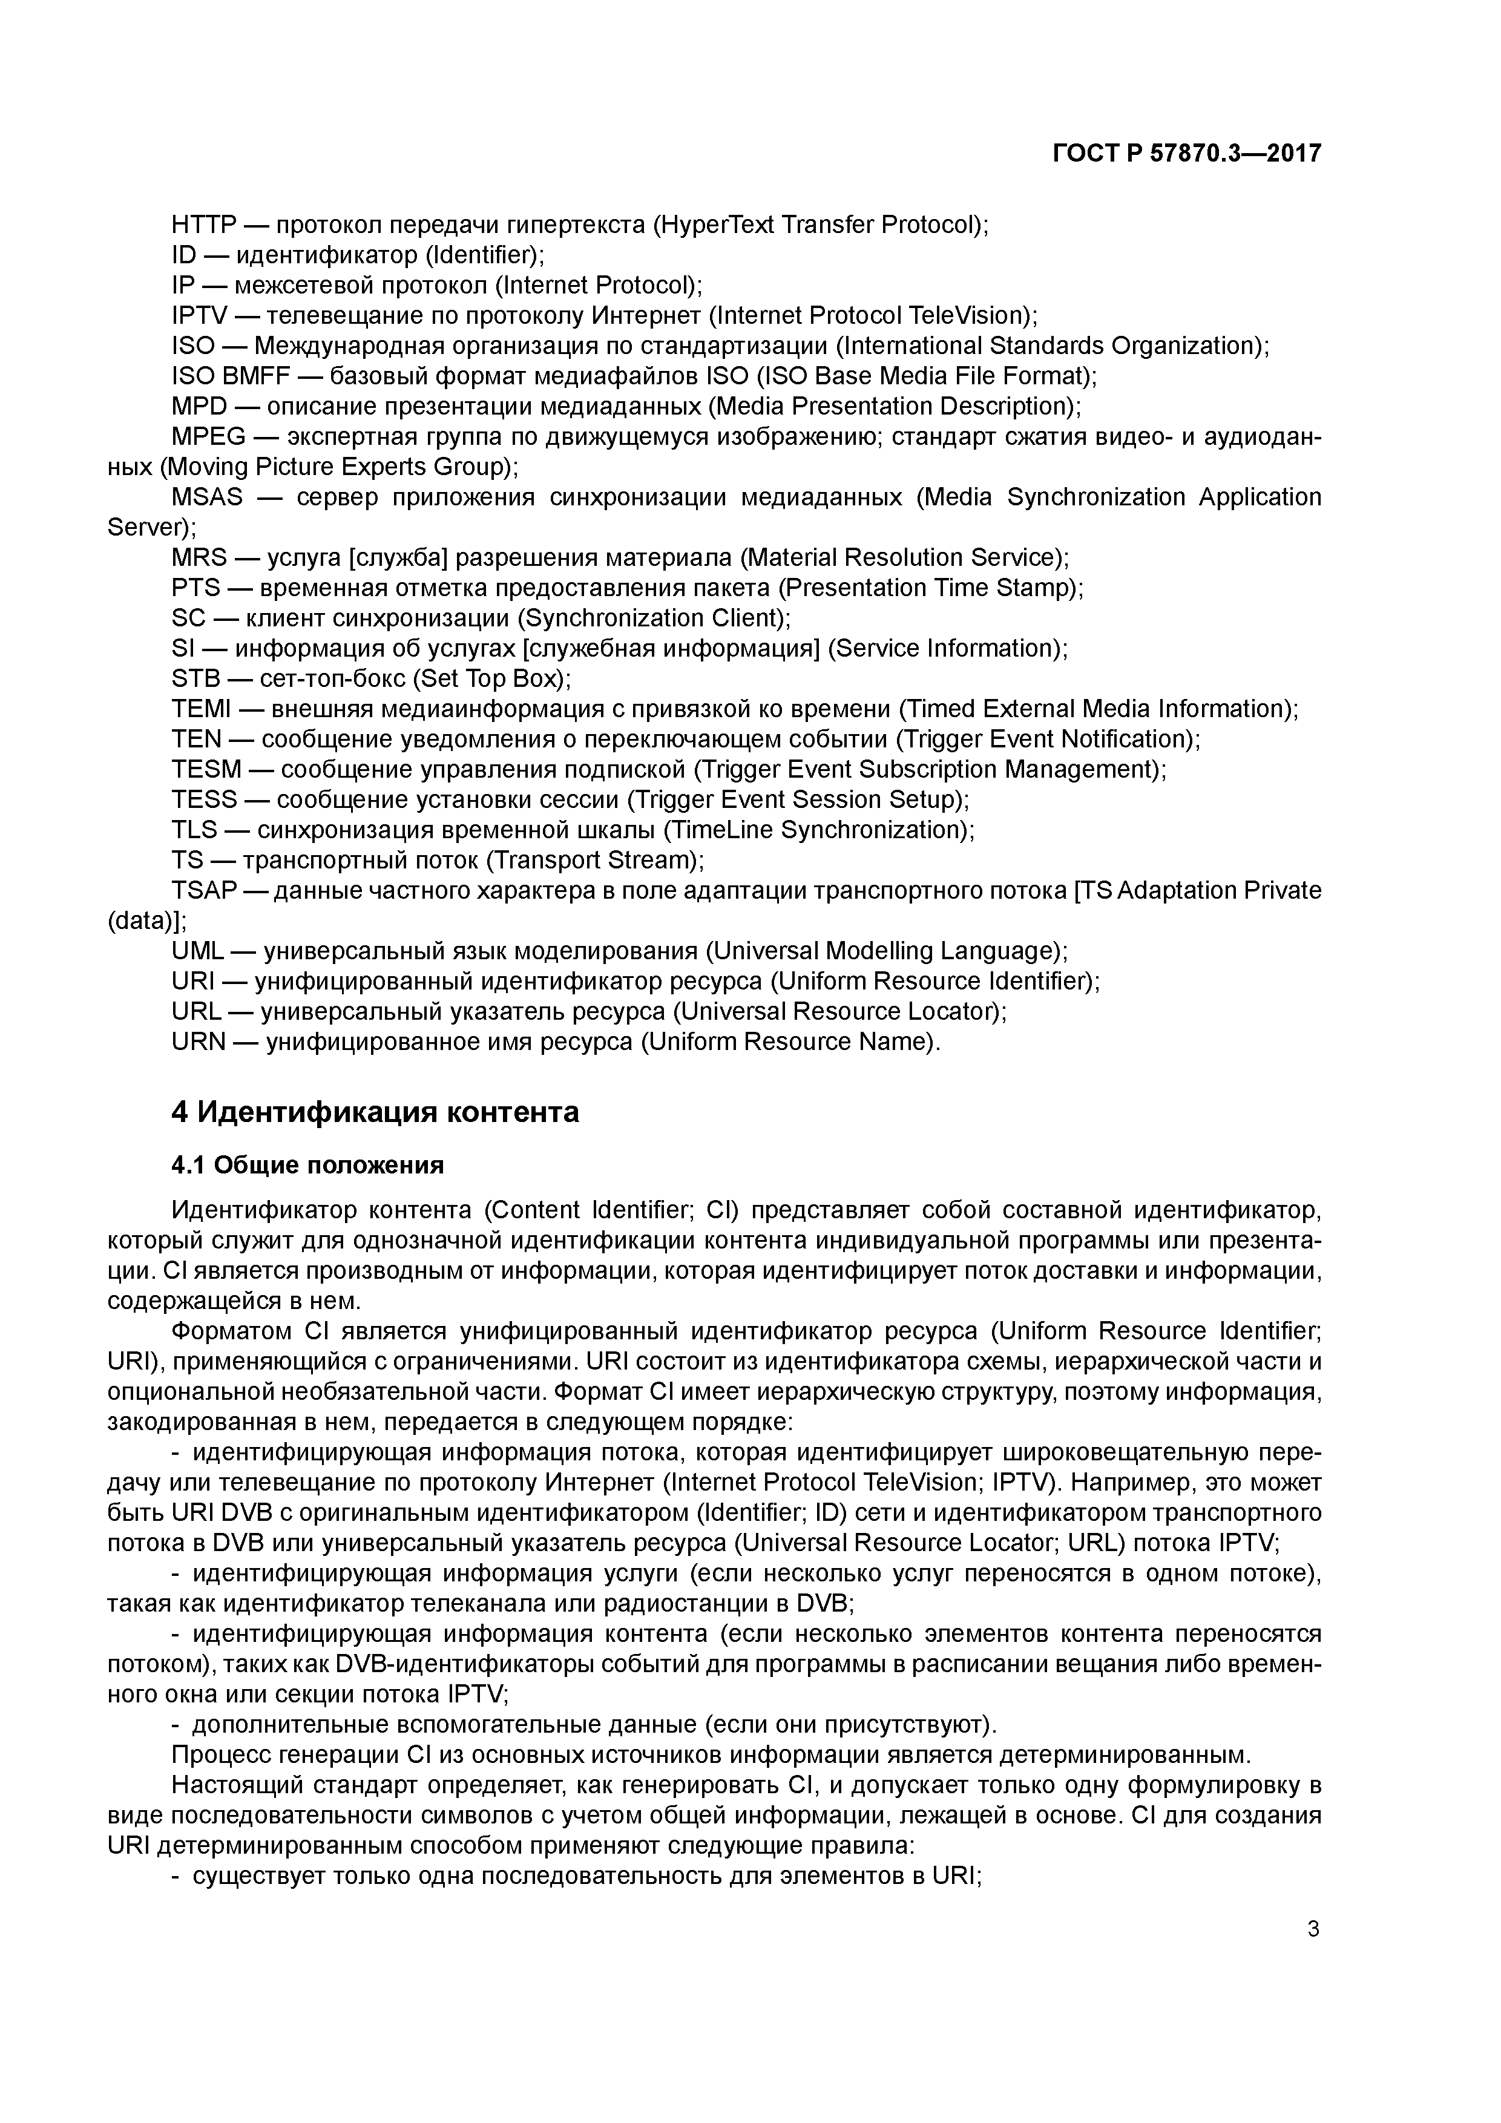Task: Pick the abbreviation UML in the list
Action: tap(197, 951)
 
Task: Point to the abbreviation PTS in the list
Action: tap(195, 588)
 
